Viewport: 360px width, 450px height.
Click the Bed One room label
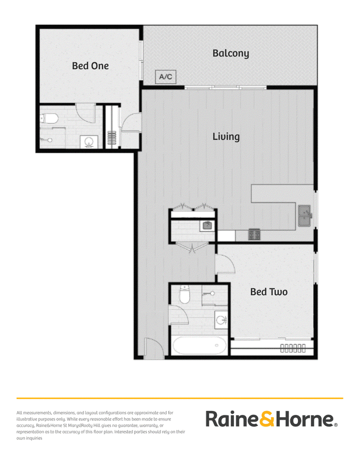point(90,66)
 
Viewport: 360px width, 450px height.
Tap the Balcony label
point(231,54)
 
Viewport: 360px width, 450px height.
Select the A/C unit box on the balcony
point(166,77)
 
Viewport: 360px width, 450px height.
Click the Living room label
point(226,137)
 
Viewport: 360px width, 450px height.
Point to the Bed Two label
point(269,292)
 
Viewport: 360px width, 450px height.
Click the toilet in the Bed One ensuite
point(49,118)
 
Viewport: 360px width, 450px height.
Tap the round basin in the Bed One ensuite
point(89,142)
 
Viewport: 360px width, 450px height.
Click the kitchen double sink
point(304,216)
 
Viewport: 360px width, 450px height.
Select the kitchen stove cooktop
point(254,234)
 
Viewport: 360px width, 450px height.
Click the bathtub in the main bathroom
point(199,345)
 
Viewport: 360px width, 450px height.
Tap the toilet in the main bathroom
point(184,294)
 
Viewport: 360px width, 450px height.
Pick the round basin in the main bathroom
point(221,319)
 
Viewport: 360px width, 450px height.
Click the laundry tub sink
point(207,225)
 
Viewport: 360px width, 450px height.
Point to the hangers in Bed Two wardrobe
point(293,348)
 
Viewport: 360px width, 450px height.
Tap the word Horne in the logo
point(305,419)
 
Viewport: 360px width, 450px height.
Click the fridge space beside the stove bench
point(226,236)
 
